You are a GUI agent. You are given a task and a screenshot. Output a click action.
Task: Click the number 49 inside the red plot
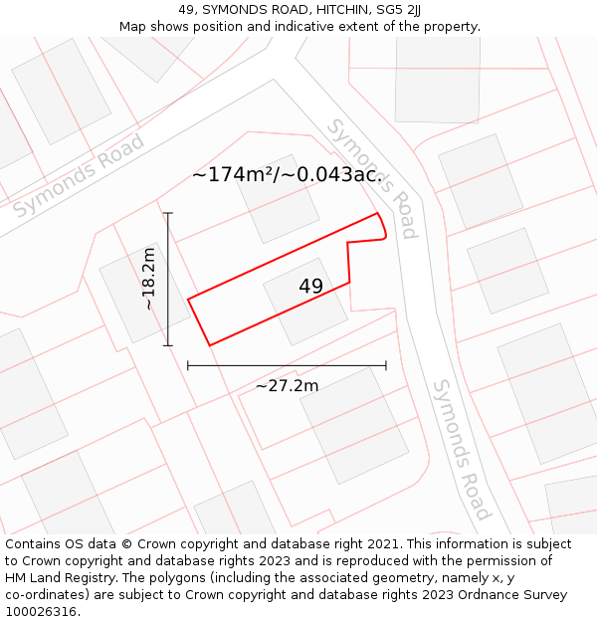pos(310,287)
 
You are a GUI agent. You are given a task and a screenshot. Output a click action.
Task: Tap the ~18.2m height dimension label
pos(148,280)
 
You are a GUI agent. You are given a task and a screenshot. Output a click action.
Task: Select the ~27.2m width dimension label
pos(287,385)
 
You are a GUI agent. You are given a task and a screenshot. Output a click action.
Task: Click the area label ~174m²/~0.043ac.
pos(287,175)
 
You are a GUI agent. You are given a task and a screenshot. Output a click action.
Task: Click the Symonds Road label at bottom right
pos(461,449)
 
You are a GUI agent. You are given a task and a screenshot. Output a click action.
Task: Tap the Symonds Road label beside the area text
pos(372,178)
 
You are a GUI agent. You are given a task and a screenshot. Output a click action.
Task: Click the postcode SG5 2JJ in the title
pos(399,10)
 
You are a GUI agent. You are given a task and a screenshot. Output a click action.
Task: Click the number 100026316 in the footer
pos(41,611)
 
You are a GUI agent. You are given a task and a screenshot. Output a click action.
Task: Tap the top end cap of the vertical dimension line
pos(168,213)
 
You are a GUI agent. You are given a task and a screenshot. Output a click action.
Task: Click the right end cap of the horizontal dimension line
pos(386,365)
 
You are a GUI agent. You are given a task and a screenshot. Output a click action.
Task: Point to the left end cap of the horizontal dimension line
pos(188,365)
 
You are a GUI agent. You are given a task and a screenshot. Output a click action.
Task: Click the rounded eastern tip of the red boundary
pos(383,235)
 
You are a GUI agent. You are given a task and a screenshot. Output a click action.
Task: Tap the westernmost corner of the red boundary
pos(188,299)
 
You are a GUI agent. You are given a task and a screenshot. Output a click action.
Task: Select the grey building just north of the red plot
pos(278,199)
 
